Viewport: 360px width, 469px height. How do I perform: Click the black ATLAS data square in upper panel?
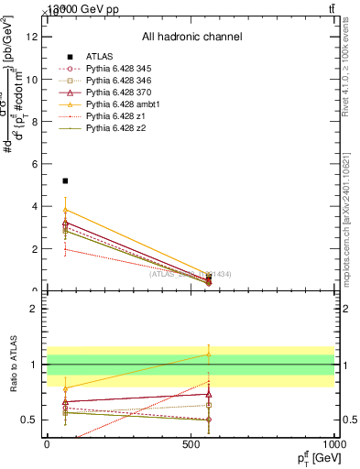(x=65, y=181)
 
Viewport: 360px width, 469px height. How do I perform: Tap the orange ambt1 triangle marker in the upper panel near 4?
(x=65, y=210)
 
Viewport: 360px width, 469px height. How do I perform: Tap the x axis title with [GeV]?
(x=314, y=458)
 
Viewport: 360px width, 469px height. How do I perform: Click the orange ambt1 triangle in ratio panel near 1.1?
(x=209, y=354)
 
